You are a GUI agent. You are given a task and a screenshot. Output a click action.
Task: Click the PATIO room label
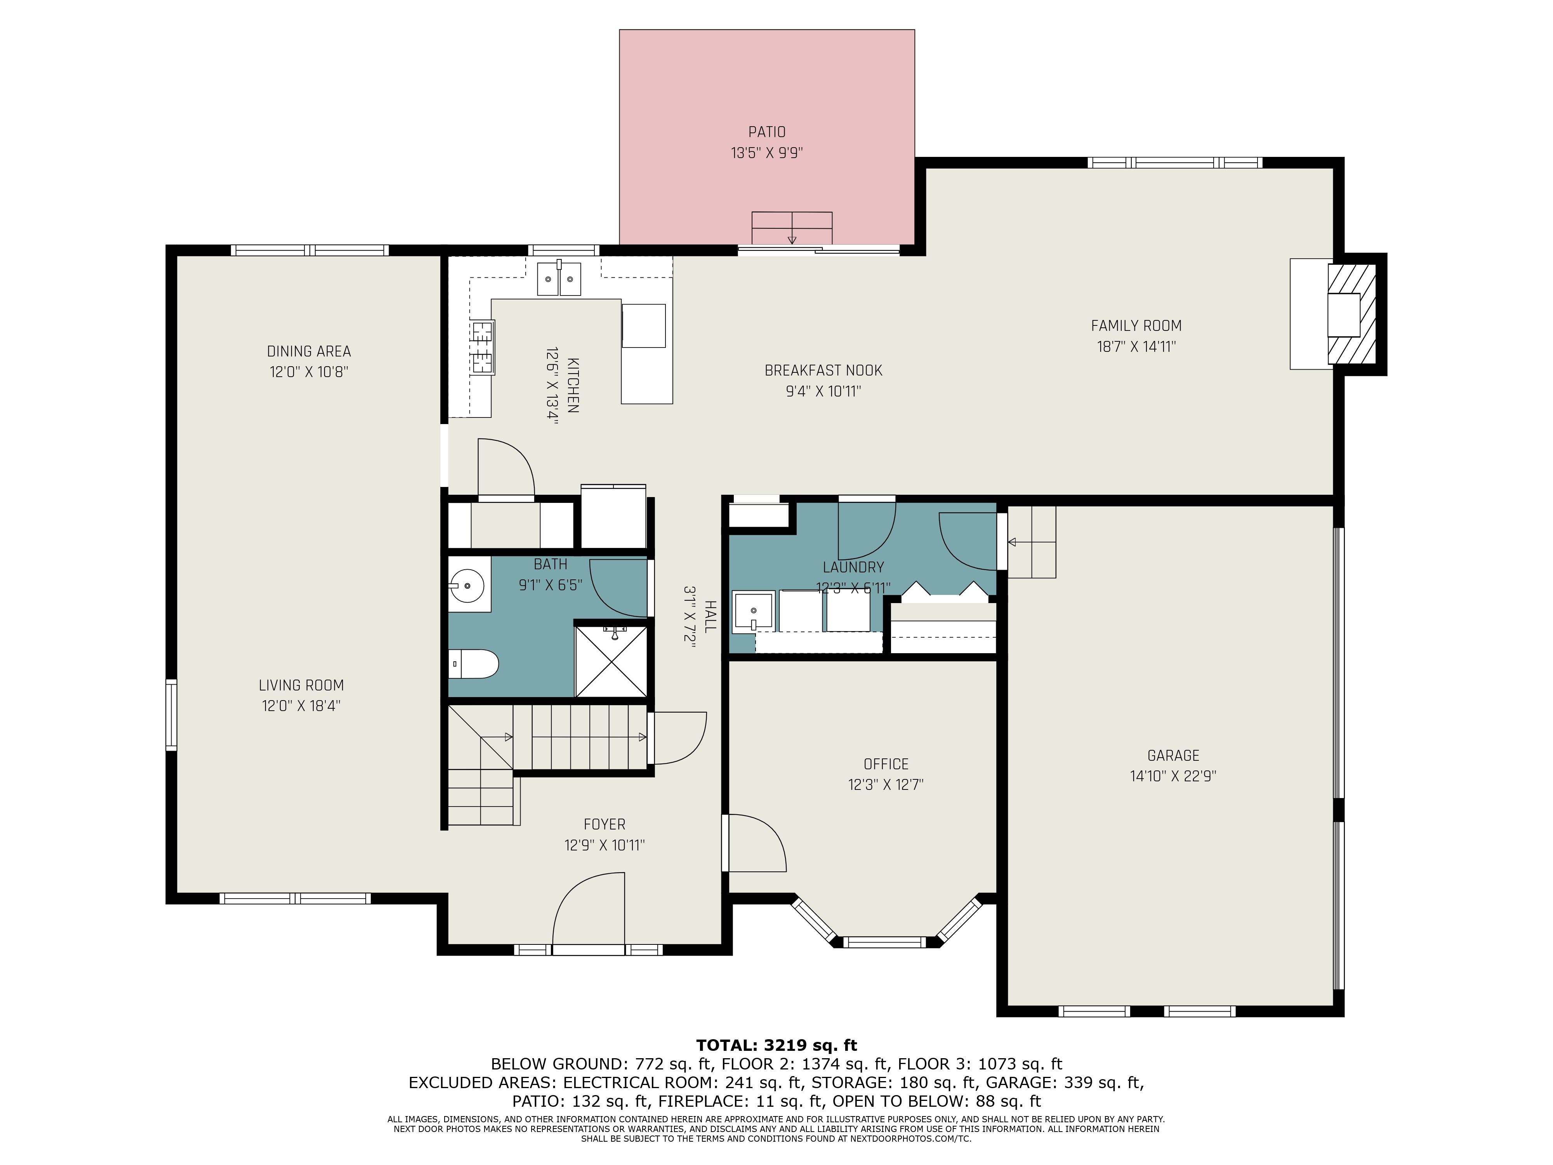[767, 132]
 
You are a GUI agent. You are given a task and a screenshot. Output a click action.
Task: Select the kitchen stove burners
[482, 347]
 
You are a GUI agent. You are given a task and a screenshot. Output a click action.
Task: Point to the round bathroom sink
[466, 585]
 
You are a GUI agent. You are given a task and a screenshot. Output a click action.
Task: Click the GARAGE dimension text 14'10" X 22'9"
[1173, 776]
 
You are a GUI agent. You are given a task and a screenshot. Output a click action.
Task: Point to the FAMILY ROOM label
[1136, 326]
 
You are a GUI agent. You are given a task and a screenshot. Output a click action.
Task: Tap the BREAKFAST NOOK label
[823, 370]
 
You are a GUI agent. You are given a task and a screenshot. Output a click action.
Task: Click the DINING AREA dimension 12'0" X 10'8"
[309, 372]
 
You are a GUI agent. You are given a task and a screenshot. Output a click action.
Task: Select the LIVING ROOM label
[301, 685]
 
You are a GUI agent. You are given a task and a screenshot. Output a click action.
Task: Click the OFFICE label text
[886, 764]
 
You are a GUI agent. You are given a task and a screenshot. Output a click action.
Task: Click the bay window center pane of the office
[884, 942]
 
